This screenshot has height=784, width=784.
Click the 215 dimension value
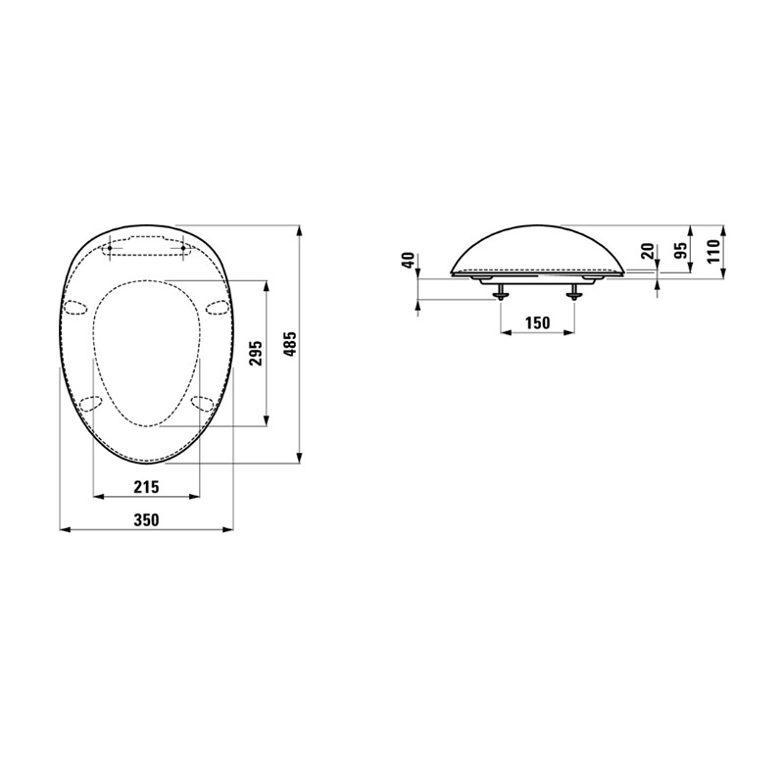[x=146, y=486]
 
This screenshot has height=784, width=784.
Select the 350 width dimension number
[x=146, y=520]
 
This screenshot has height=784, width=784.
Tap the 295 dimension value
[x=256, y=353]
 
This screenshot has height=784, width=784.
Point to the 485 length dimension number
[x=290, y=344]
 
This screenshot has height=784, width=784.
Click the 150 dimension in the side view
[x=537, y=323]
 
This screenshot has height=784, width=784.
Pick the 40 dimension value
[x=409, y=261]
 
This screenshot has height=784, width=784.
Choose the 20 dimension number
[x=648, y=250]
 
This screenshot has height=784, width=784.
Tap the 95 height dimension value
[x=679, y=247]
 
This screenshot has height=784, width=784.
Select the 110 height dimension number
[x=713, y=251]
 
